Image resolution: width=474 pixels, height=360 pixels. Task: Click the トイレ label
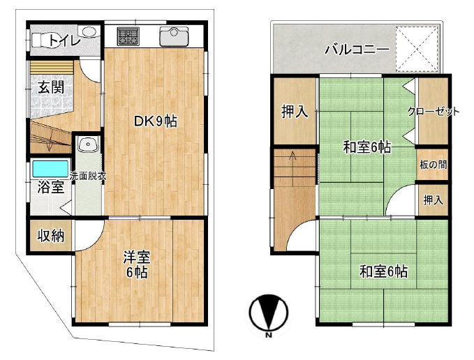[64, 40]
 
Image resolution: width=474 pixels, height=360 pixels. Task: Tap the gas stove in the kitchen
[128, 36]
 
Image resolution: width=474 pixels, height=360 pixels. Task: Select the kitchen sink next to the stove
[174, 36]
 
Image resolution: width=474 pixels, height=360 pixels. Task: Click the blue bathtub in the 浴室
[50, 169]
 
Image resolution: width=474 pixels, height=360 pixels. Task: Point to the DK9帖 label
[155, 121]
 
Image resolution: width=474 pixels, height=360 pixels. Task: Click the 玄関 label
[51, 88]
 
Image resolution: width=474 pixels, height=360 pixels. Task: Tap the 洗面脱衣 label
[88, 176]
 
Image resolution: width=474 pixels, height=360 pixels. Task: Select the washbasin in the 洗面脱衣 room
[88, 144]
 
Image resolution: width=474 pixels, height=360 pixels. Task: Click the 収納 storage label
[51, 236]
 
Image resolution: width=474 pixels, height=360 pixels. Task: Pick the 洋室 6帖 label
[136, 265]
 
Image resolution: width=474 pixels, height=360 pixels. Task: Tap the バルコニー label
[357, 50]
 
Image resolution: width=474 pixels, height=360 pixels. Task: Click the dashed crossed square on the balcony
[417, 49]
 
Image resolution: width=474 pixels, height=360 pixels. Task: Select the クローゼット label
[434, 112]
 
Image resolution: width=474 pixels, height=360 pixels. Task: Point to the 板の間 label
[433, 165]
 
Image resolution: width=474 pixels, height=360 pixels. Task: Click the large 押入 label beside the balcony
[295, 111]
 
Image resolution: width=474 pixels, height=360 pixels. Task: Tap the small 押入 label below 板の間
[433, 200]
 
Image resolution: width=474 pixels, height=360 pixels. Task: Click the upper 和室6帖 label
[366, 147]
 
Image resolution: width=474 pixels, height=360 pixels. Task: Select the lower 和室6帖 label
[383, 271]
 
